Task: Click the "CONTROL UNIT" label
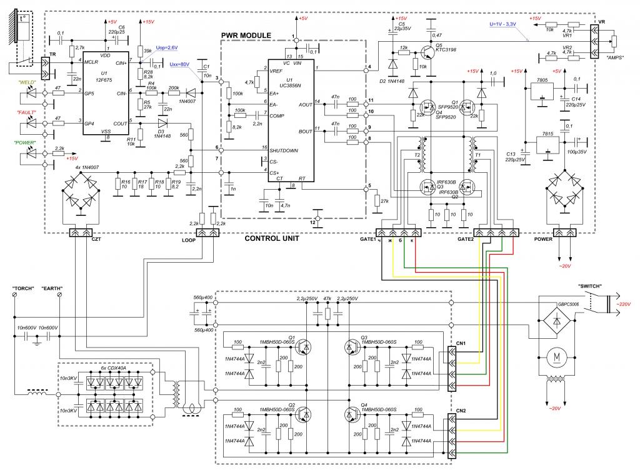(x=272, y=238)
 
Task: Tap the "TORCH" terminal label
(x=23, y=289)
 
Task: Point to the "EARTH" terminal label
(x=52, y=289)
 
